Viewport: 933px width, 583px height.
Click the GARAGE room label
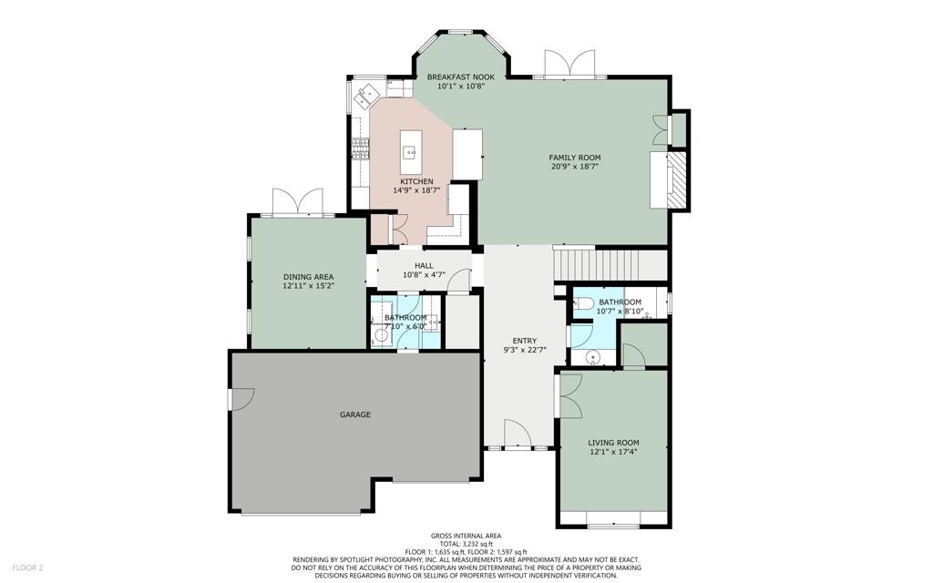tap(355, 414)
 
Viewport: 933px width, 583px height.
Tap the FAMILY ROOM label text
tap(575, 158)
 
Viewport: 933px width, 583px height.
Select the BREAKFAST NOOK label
tap(460, 77)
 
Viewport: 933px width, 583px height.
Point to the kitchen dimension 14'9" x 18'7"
tap(416, 190)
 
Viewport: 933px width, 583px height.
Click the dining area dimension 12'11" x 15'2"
tap(308, 285)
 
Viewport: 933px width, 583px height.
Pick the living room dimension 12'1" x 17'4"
tap(613, 452)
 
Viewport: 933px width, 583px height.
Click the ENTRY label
tap(524, 341)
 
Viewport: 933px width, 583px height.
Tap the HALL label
tap(424, 266)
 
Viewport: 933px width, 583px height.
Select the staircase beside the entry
tap(610, 263)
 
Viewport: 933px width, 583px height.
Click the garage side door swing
tap(241, 399)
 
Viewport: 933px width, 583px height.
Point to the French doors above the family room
tap(570, 64)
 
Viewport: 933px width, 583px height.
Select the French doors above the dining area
tap(298, 201)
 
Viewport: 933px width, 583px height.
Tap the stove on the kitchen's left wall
tap(358, 148)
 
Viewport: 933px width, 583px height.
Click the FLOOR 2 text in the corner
tap(27, 568)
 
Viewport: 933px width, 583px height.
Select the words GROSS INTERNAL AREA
tap(466, 536)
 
